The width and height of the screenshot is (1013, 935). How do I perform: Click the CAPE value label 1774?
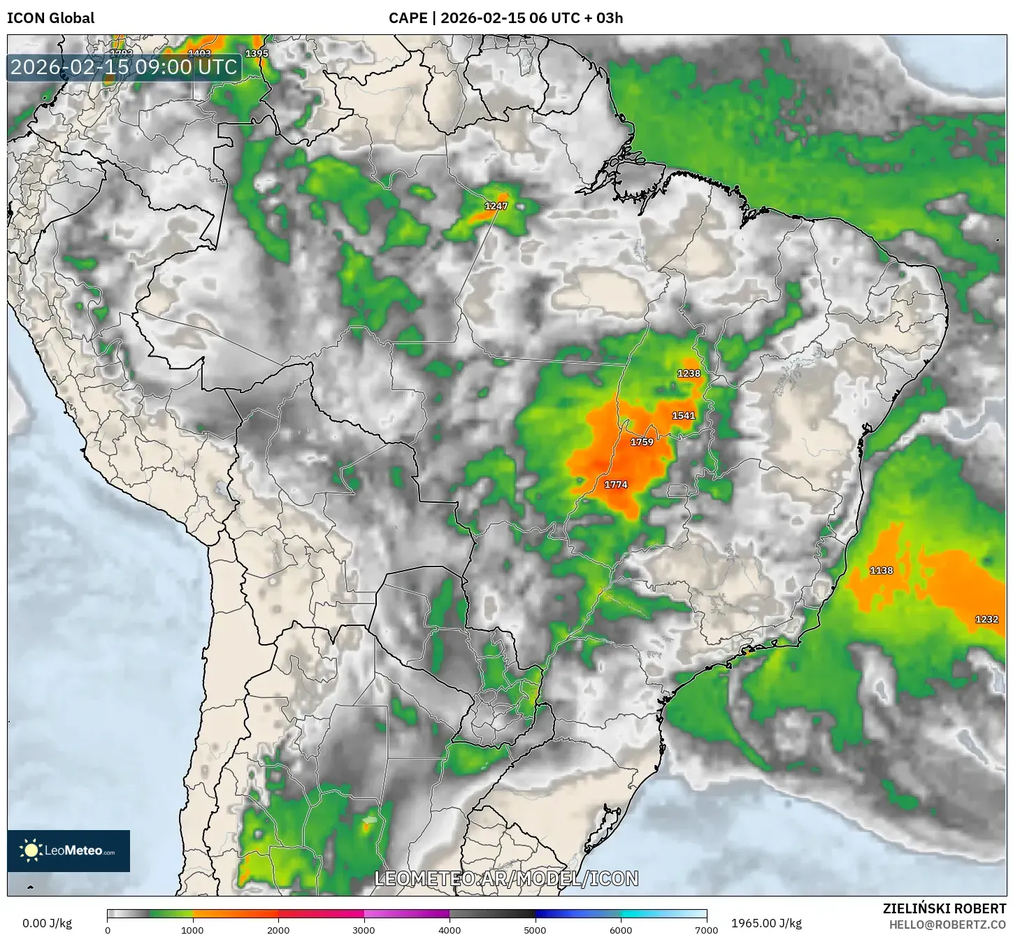click(616, 485)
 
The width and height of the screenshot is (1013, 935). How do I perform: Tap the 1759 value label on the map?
click(642, 442)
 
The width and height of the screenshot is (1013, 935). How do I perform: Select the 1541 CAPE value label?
click(683, 415)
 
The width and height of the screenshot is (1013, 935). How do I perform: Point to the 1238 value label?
click(689, 373)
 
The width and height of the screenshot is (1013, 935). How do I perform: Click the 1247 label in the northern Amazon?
click(496, 206)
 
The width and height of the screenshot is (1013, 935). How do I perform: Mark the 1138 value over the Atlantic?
click(881, 571)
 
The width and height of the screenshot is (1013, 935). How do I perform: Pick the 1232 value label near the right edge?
click(986, 620)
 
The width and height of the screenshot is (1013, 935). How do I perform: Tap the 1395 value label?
click(257, 54)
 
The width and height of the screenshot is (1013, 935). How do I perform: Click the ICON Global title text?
click(50, 18)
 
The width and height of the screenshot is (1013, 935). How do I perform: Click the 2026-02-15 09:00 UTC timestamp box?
click(124, 67)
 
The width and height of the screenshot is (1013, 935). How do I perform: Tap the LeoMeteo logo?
click(69, 850)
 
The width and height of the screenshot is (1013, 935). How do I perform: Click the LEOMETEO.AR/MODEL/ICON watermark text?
click(506, 878)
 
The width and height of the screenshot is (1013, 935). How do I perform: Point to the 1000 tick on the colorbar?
click(192, 929)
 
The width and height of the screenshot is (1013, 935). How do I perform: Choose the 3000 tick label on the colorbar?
click(364, 929)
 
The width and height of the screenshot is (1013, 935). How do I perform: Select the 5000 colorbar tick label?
click(535, 929)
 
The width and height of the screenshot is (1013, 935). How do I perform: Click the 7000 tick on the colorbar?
click(706, 929)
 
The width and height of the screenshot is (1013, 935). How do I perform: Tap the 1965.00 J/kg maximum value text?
click(766, 923)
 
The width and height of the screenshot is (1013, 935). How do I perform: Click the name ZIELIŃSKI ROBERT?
click(944, 908)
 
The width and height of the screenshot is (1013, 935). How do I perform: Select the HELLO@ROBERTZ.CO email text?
click(947, 925)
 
